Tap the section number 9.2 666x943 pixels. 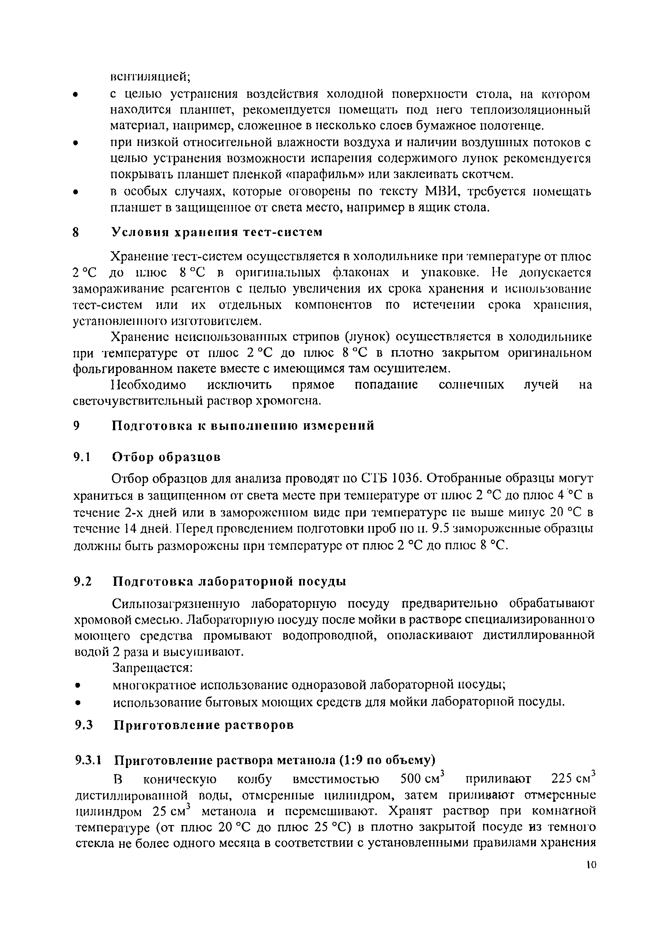coord(84,582)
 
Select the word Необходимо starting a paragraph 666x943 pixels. coord(149,385)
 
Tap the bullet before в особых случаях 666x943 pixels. coord(75,192)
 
